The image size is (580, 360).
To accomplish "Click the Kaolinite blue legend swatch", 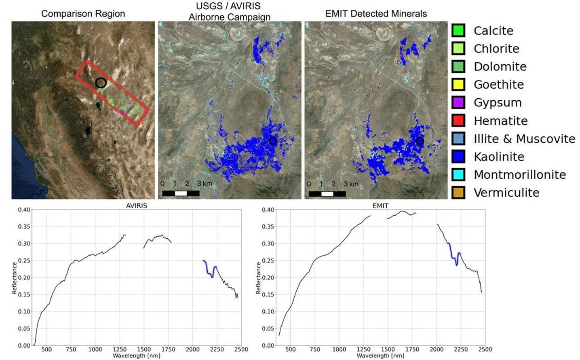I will (458, 157).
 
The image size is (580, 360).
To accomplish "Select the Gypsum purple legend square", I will (458, 102).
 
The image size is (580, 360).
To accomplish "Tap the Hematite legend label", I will (500, 121).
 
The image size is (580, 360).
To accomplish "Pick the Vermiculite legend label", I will (506, 193).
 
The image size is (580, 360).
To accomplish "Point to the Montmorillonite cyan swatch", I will (458, 175).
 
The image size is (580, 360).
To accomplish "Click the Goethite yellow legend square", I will (458, 85).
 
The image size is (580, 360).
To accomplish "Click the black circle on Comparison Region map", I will (101, 83).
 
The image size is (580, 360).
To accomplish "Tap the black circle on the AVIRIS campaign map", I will (273, 141).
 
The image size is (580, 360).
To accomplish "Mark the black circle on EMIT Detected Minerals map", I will (420, 141).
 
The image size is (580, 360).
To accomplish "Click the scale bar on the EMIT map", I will (327, 194).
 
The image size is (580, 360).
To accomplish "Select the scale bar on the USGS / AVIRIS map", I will (181, 193).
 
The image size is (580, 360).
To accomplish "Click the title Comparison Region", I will (83, 14).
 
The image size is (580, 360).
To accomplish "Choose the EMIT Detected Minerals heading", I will (376, 14).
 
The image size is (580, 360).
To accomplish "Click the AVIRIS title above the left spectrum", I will (137, 205).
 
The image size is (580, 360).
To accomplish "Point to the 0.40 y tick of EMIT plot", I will (268, 210).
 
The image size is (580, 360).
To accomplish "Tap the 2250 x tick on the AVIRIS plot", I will (217, 349).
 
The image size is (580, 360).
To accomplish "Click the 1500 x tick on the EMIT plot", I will (388, 349).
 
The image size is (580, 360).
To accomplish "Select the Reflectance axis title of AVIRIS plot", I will (15, 277).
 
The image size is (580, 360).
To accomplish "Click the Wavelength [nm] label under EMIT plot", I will (380, 356).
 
